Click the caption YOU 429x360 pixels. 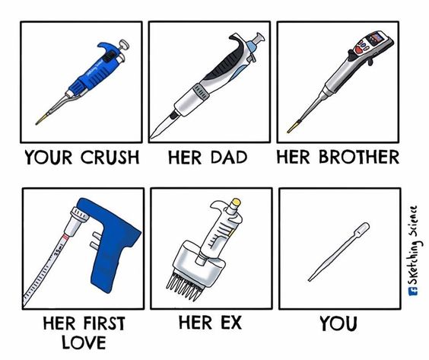click(338, 324)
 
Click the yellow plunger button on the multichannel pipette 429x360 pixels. click(236, 202)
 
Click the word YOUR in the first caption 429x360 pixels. click(49, 158)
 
